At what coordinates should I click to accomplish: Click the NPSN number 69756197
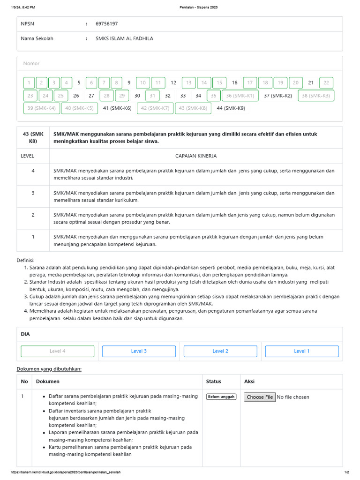click(x=106, y=23)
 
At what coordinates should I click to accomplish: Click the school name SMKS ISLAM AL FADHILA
click(x=124, y=38)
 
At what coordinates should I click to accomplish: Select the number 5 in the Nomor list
click(x=79, y=83)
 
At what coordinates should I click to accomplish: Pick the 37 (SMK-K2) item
click(x=278, y=96)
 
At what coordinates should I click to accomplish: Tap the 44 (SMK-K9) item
click(x=231, y=108)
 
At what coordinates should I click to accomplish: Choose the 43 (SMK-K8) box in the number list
click(x=193, y=108)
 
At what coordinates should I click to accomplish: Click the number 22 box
click(x=326, y=83)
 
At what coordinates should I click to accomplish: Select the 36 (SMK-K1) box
click(x=240, y=96)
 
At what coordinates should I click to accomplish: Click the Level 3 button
click(x=139, y=351)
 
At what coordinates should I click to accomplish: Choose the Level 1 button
click(x=302, y=351)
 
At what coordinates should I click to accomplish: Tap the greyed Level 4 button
click(x=58, y=351)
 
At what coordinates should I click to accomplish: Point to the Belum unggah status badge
click(x=221, y=397)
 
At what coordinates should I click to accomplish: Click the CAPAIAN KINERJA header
click(x=196, y=156)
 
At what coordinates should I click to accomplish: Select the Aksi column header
click(x=249, y=381)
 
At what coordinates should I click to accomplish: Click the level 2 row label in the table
click(x=33, y=215)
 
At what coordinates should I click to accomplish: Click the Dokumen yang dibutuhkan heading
click(x=49, y=369)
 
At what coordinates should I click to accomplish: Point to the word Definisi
click(x=26, y=260)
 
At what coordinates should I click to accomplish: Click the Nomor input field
click(x=180, y=63)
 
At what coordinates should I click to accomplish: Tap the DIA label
click(x=25, y=334)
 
